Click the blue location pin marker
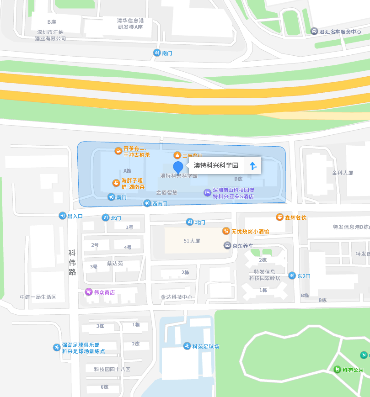pyautogui.click(x=178, y=167)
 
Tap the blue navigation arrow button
pyautogui.click(x=253, y=165)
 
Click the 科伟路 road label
pyautogui.click(x=72, y=262)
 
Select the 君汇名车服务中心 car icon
pyautogui.click(x=314, y=31)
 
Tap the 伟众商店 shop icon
pyautogui.click(x=89, y=292)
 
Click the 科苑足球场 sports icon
pyautogui.click(x=187, y=346)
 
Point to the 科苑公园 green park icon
pyautogui.click(x=337, y=370)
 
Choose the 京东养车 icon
pyautogui.click(x=227, y=245)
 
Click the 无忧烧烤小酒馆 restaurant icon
pyautogui.click(x=226, y=231)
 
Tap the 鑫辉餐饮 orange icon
pyautogui.click(x=279, y=217)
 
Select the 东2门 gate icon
pyautogui.click(x=292, y=275)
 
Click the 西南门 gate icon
pyautogui.click(x=147, y=203)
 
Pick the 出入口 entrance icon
pyautogui.click(x=62, y=216)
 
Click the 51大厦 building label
pyautogui.click(x=192, y=241)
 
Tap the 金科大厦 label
pyautogui.click(x=343, y=173)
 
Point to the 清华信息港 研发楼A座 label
pyautogui.click(x=130, y=24)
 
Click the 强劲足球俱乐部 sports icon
pyautogui.click(x=57, y=347)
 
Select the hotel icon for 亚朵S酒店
pyautogui.click(x=207, y=193)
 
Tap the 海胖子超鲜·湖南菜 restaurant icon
pyautogui.click(x=116, y=183)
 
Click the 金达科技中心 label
pyautogui.click(x=177, y=297)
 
